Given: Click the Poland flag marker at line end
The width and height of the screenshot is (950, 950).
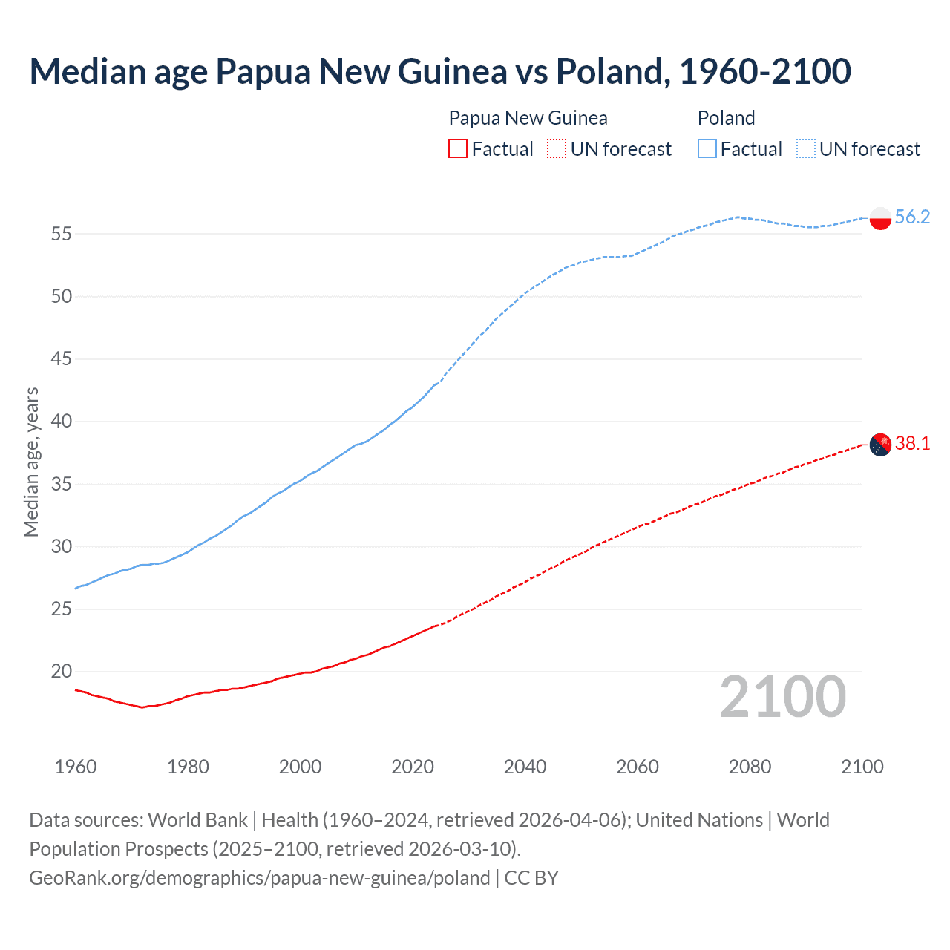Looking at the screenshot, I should click(x=879, y=218).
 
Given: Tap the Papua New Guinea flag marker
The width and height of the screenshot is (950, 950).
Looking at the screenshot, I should click(x=879, y=445).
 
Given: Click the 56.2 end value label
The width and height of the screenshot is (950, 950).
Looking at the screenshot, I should click(x=912, y=217).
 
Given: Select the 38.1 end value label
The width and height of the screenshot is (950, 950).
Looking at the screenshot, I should click(x=912, y=443).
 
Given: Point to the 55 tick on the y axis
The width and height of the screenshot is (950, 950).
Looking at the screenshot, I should click(x=62, y=234).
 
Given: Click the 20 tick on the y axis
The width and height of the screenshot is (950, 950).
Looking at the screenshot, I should click(x=62, y=672).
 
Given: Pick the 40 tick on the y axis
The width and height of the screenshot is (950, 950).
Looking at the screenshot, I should click(x=62, y=422).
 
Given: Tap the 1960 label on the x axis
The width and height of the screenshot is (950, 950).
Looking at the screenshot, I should click(x=76, y=767).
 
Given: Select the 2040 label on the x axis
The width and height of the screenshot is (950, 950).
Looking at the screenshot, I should click(x=525, y=767).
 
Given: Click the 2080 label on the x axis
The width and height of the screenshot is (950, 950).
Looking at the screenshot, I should click(x=750, y=767).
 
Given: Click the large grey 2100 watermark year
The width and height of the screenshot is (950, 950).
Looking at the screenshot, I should click(x=782, y=696).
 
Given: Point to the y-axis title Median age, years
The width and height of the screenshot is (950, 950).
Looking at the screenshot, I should click(x=31, y=462).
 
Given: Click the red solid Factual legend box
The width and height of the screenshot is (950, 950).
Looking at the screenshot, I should click(x=458, y=149).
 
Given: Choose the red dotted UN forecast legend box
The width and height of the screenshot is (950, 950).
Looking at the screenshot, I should click(x=557, y=149).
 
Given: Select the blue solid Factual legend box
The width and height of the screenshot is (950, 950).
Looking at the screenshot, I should click(x=707, y=149).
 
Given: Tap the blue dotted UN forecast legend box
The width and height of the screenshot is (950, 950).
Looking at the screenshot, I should click(x=805, y=149).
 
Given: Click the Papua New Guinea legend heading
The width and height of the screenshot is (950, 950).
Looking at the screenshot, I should click(x=528, y=118).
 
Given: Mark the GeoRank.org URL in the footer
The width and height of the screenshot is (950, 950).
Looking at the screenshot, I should click(x=259, y=877).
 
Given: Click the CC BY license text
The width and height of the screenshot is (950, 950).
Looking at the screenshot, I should click(x=531, y=877).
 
